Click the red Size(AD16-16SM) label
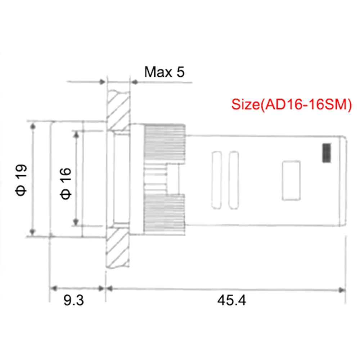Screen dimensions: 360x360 click(x=291, y=105)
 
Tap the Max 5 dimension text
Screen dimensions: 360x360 click(x=165, y=72)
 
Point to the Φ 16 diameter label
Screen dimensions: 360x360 click(x=66, y=184)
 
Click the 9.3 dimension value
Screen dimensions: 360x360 click(x=74, y=300)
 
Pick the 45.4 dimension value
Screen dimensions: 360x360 click(x=231, y=300)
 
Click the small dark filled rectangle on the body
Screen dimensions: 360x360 click(x=327, y=153)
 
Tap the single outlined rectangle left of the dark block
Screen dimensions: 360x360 click(x=291, y=181)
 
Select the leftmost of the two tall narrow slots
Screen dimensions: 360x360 click(x=216, y=180)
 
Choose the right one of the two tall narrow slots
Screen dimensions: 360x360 click(x=234, y=180)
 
